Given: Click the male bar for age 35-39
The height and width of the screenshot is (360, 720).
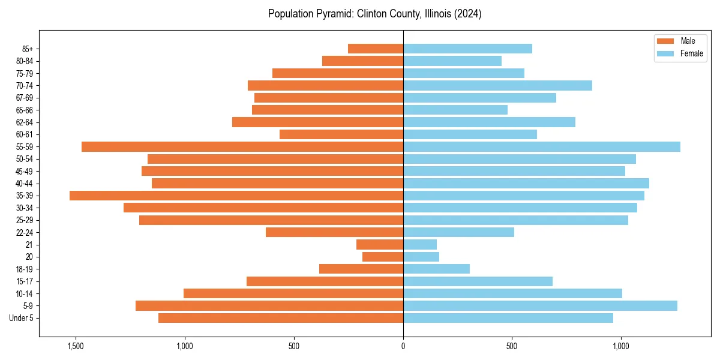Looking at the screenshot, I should tap(236, 196).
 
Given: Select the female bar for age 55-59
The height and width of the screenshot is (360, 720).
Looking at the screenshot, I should tap(541, 146).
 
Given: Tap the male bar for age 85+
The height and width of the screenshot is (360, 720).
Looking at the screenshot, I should tap(376, 49).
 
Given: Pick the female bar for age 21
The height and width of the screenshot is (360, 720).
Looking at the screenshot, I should tap(419, 244).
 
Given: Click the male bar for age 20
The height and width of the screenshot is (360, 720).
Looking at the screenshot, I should tap(383, 257).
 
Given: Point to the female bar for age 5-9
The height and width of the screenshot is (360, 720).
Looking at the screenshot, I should tap(540, 305).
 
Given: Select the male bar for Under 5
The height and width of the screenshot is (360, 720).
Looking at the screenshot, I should tap(281, 318).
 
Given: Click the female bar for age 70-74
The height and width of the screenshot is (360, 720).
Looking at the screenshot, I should tap(497, 85).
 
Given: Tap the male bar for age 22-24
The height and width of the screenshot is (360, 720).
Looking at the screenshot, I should tap(334, 232).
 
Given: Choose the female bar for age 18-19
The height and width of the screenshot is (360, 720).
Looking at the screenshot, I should tap(436, 269).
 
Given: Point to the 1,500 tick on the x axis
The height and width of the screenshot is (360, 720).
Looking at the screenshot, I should tap(76, 346).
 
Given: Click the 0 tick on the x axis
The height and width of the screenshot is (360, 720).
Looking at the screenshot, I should tap(403, 346).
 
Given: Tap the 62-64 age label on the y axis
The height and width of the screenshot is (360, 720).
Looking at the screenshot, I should tap(25, 122).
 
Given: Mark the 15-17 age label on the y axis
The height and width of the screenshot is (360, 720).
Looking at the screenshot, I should tap(25, 281).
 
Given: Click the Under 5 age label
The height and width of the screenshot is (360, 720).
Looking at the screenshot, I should tap(22, 318).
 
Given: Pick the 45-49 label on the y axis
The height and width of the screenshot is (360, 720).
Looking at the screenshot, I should tap(25, 171).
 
